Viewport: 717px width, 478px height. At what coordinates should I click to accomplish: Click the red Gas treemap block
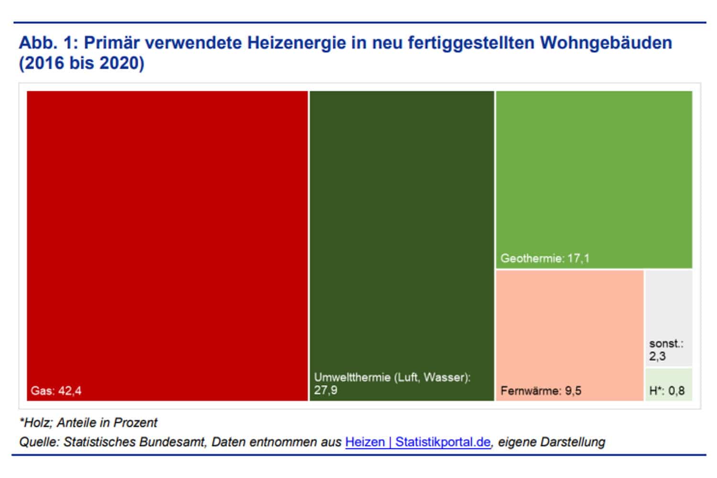pos(167,239)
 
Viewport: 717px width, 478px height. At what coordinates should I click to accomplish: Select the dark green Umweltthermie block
pos(402,229)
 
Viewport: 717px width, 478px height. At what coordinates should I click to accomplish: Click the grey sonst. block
pos(668,306)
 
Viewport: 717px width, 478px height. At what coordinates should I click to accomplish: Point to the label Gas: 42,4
pos(56,391)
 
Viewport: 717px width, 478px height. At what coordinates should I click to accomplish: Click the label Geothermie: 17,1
pos(544,259)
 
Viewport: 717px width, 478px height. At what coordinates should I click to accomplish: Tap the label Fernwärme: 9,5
pos(541,391)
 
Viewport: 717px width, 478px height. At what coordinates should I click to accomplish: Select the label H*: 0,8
pos(667,391)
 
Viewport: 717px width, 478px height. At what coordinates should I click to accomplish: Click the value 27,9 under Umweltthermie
pos(326,390)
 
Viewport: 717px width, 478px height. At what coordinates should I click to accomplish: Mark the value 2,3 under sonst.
pos(657,356)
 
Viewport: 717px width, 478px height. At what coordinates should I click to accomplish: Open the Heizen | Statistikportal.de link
pos(417,442)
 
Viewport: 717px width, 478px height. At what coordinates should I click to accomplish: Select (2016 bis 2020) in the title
pos(81,63)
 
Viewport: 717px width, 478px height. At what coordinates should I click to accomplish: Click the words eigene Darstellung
pos(551,442)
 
